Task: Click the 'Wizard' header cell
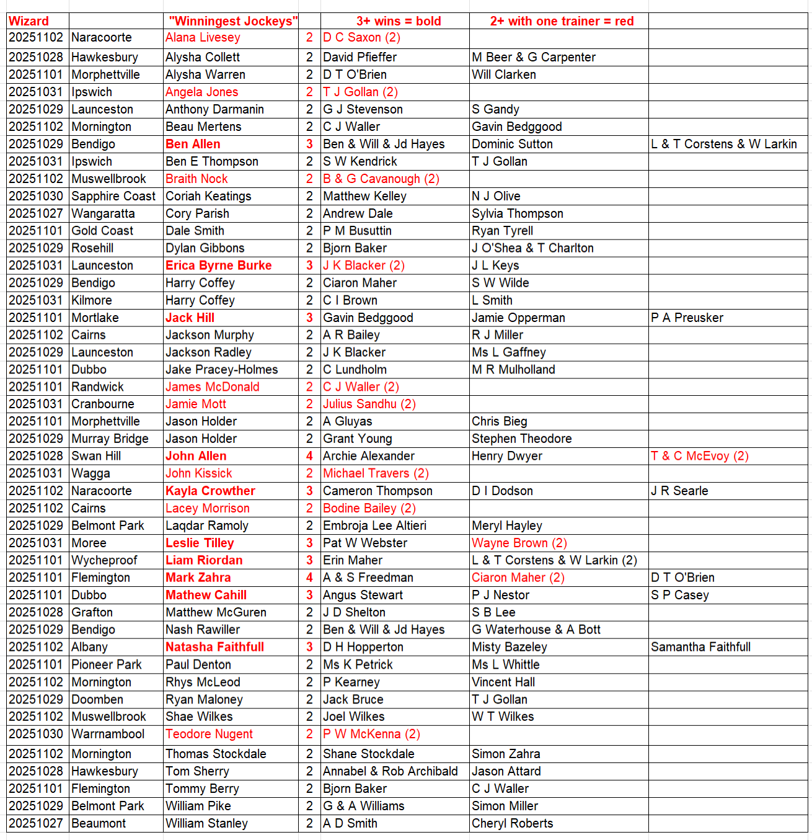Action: pyautogui.click(x=29, y=21)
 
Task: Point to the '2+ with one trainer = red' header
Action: pyautogui.click(x=562, y=21)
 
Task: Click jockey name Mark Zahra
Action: pyautogui.click(x=198, y=578)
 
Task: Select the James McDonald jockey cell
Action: pyautogui.click(x=212, y=386)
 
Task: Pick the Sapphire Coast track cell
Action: pyautogui.click(x=113, y=196)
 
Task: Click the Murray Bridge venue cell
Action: pyautogui.click(x=110, y=439)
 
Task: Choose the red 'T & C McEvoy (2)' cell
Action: pyautogui.click(x=700, y=456)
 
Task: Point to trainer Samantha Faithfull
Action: pyautogui.click(x=700, y=647)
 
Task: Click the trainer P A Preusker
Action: pyautogui.click(x=687, y=318)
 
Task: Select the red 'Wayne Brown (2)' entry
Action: pyautogui.click(x=519, y=543)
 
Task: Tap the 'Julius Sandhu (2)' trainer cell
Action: pyautogui.click(x=369, y=404)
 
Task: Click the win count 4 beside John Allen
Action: pyautogui.click(x=309, y=456)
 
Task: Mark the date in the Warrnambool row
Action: pyautogui.click(x=36, y=734)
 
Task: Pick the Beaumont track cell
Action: pyautogui.click(x=99, y=823)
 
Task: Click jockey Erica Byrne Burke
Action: pyautogui.click(x=218, y=266)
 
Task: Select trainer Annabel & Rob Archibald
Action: pyautogui.click(x=391, y=771)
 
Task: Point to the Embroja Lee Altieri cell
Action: pyautogui.click(x=374, y=525)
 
